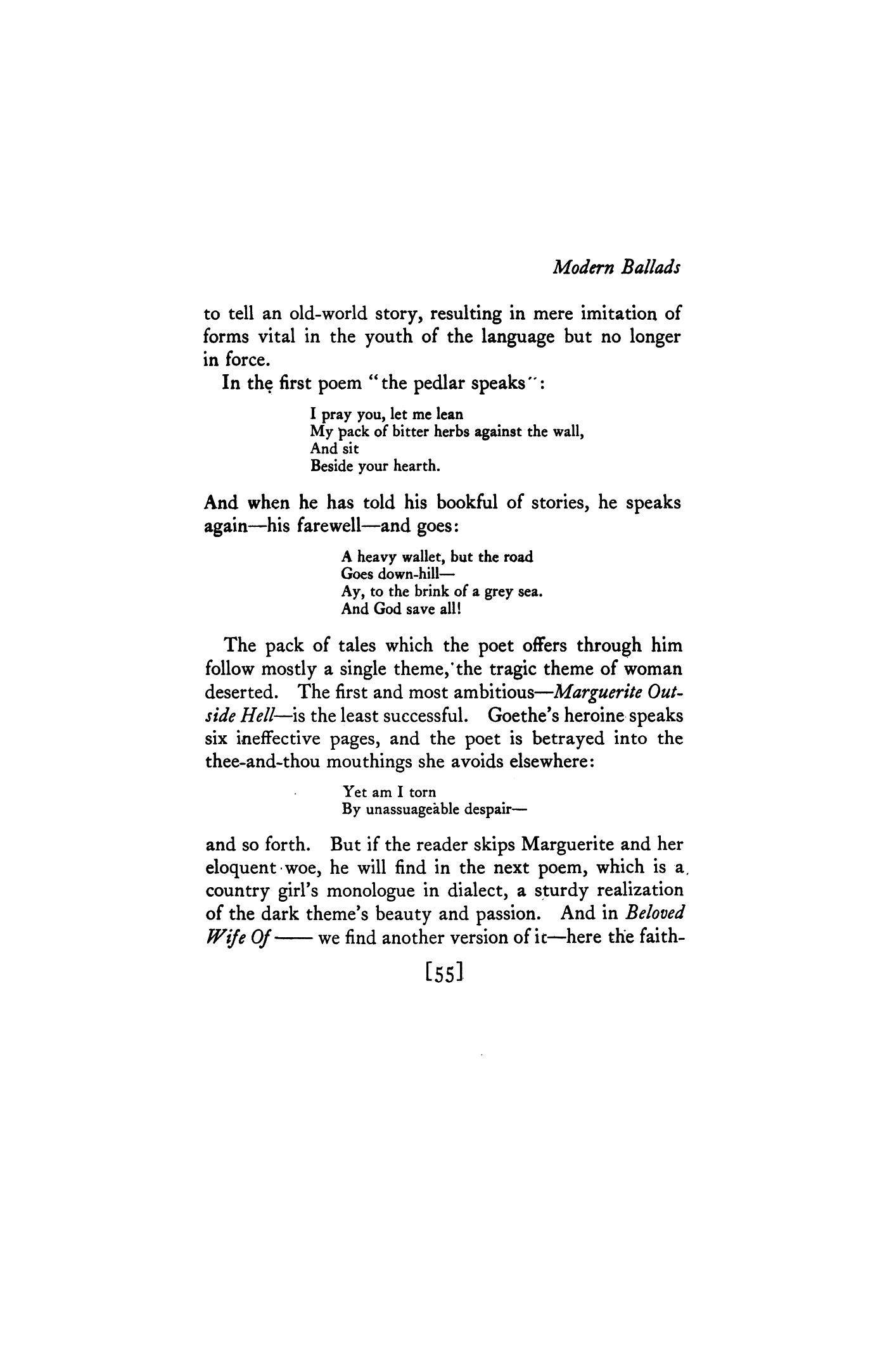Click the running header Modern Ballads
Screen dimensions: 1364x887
pos(616,268)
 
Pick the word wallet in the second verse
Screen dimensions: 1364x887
pos(411,557)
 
